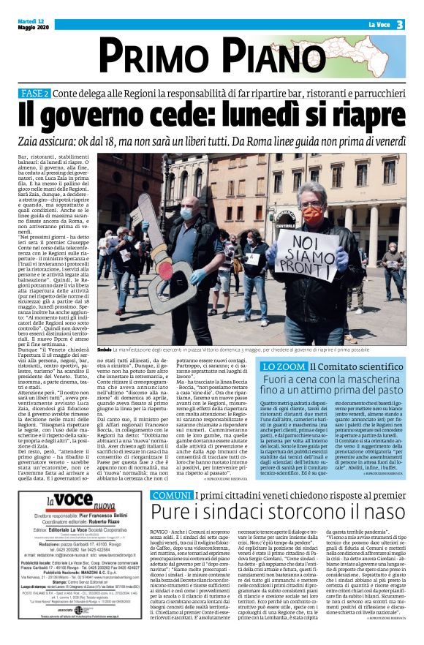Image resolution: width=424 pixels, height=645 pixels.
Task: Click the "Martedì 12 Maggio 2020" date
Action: point(33,23)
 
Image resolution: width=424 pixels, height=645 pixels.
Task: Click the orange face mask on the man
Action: point(312,214)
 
